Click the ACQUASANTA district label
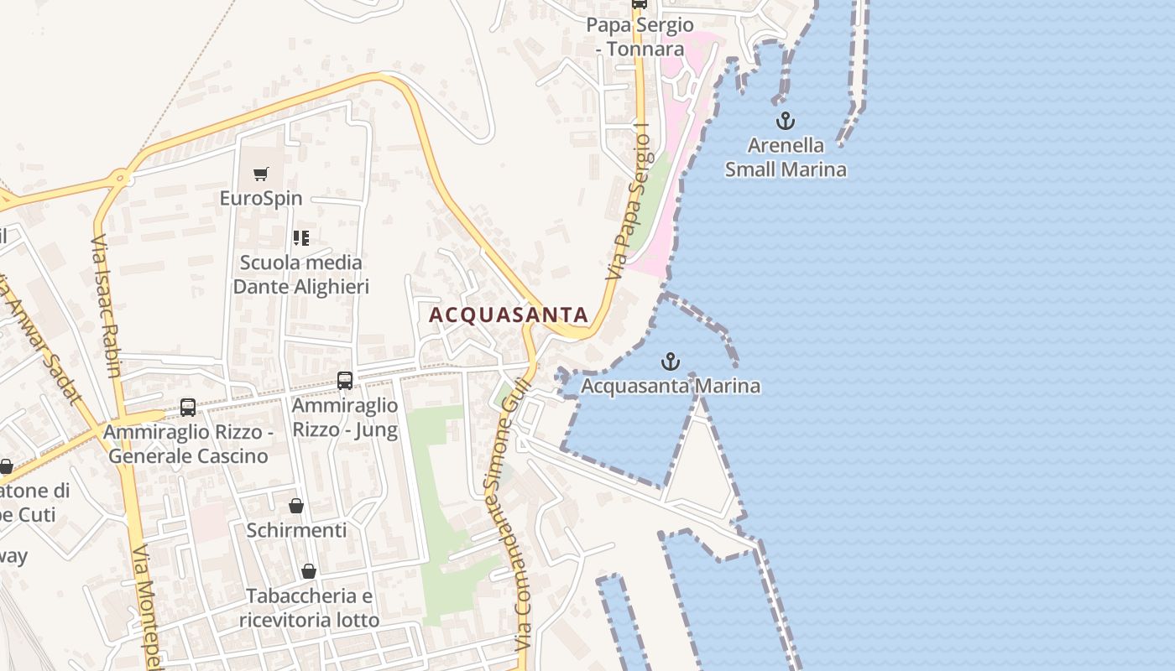point(509,315)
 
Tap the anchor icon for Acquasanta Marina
point(670,362)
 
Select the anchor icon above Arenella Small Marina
point(785,121)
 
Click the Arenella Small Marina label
point(786,158)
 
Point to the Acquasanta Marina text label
point(671,387)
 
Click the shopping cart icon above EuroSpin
point(261,174)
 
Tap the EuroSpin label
point(261,199)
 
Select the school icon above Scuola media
point(301,238)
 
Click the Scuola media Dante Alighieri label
point(301,275)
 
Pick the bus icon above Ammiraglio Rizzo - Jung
point(345,380)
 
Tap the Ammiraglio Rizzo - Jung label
point(345,418)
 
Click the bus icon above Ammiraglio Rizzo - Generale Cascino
point(188,408)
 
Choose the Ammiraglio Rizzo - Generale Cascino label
point(188,445)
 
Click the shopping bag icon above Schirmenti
point(296,506)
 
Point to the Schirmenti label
point(296,530)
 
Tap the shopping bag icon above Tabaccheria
point(309,571)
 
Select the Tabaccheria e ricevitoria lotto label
point(309,608)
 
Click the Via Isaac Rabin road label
point(107,306)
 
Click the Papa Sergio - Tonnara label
point(640,37)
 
